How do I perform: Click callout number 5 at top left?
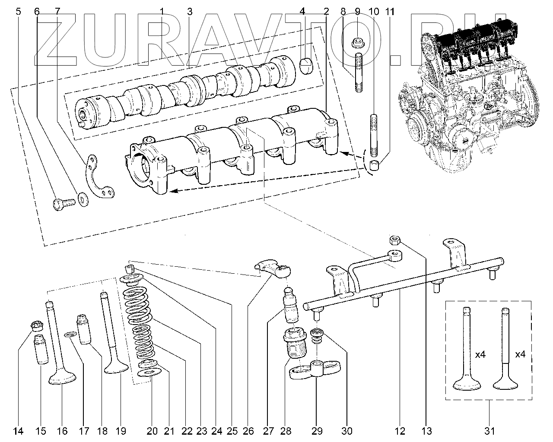click(x=18, y=12)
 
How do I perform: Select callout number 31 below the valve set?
click(x=489, y=430)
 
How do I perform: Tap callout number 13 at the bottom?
click(x=426, y=430)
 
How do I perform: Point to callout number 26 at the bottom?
click(x=248, y=430)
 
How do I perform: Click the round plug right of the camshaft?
click(x=306, y=65)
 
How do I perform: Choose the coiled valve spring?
click(x=140, y=324)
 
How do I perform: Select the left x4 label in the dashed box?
click(x=480, y=355)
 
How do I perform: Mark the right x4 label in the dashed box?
click(x=520, y=355)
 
